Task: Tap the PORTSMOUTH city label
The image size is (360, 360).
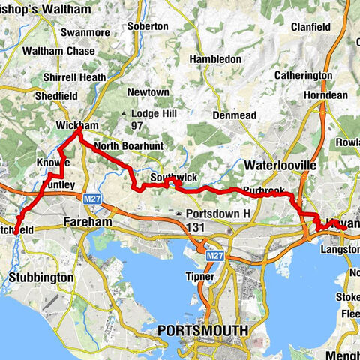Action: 202,329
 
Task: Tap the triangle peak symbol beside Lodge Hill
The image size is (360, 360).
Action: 124,113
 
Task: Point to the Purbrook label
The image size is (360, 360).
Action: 263,192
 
